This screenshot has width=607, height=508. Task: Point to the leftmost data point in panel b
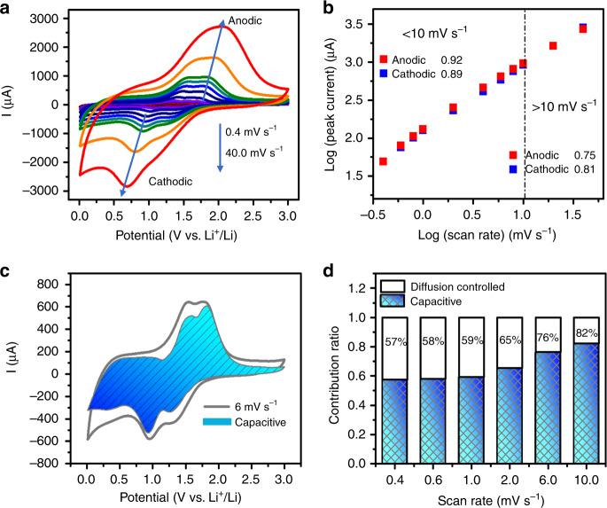383,161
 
